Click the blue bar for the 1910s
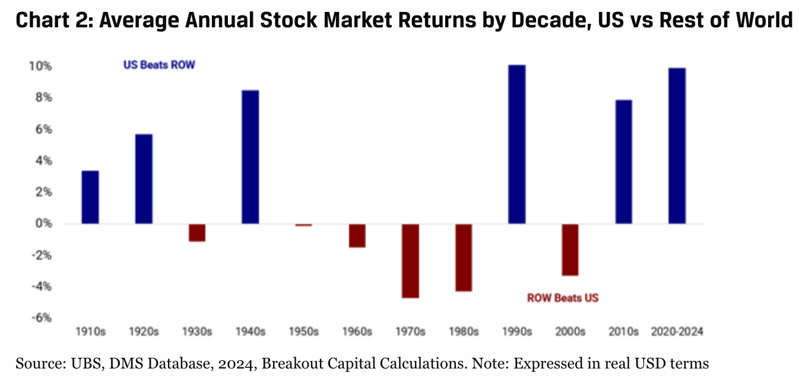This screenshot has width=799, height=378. [x=90, y=197]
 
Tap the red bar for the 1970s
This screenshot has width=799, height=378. [x=410, y=260]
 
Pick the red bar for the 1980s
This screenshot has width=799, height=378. [x=464, y=257]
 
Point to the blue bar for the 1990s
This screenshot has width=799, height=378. [x=517, y=144]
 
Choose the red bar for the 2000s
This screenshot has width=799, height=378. [x=570, y=250]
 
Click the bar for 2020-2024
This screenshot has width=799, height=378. [x=677, y=146]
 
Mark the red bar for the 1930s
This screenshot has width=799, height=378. [x=197, y=232]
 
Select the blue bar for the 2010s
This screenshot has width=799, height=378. [x=623, y=162]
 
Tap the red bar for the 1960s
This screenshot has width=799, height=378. [x=357, y=235]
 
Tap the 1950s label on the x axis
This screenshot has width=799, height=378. [x=304, y=332]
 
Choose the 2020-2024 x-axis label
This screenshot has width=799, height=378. [x=677, y=332]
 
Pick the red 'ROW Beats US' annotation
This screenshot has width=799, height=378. [x=563, y=298]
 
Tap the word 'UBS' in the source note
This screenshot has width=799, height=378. [x=71, y=363]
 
